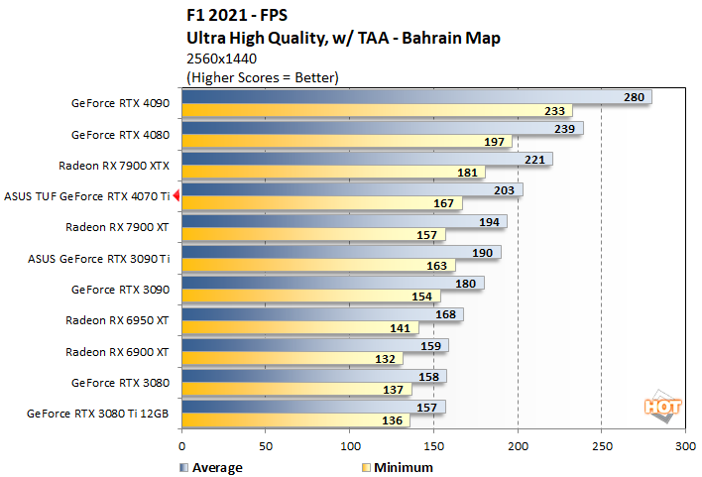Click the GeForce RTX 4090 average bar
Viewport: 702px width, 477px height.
click(x=416, y=97)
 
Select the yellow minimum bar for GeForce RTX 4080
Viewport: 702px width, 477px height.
click(x=347, y=142)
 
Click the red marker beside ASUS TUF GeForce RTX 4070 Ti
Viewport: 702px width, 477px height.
click(x=176, y=196)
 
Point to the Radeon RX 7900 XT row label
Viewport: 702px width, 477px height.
click(x=118, y=227)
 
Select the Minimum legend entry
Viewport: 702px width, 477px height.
click(x=396, y=467)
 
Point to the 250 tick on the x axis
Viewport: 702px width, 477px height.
click(x=601, y=447)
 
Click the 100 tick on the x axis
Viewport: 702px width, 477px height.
click(x=349, y=447)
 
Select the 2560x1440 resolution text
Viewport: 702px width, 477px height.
click(x=224, y=59)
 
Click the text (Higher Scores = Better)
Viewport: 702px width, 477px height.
click(x=263, y=76)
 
